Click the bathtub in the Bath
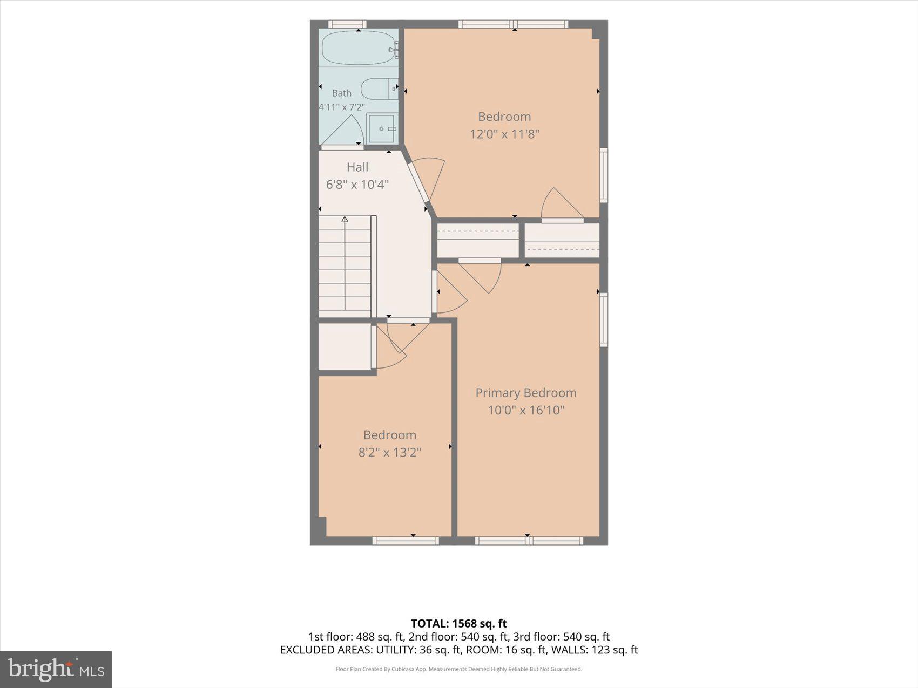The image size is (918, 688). [x=359, y=48]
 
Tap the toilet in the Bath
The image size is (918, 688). [x=379, y=88]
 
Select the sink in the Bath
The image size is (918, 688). [x=382, y=128]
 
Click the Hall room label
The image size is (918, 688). [x=357, y=167]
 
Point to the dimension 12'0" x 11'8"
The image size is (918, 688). [x=504, y=134]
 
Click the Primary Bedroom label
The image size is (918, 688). [x=526, y=393]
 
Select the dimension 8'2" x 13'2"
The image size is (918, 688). [x=390, y=452]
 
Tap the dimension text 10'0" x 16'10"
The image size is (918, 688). [x=526, y=410]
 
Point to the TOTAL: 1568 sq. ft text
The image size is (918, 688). [x=459, y=624]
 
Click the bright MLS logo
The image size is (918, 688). [x=56, y=670]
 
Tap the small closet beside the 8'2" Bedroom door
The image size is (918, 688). [x=345, y=347]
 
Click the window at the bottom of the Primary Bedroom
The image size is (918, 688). [x=529, y=540]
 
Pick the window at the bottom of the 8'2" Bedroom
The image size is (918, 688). [x=406, y=540]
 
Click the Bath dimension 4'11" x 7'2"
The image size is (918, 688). [x=342, y=107]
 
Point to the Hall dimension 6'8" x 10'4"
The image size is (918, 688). [x=357, y=185]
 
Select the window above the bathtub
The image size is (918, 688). [x=347, y=24]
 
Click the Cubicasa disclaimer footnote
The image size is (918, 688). [x=459, y=669]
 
